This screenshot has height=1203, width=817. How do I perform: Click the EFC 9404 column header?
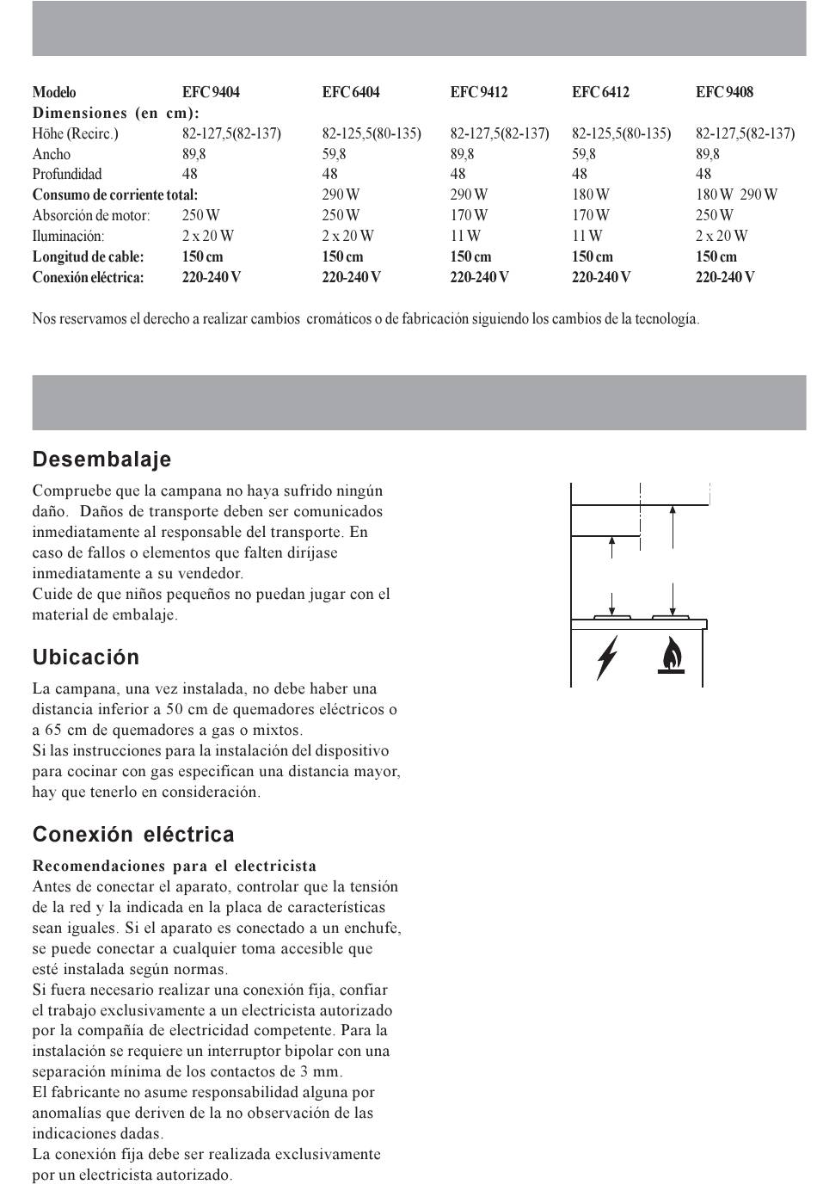pyautogui.click(x=211, y=92)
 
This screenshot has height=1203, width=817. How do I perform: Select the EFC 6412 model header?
pyautogui.click(x=600, y=92)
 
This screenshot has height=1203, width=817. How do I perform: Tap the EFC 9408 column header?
pyautogui.click(x=724, y=92)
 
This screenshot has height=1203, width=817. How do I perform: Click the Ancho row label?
pyautogui.click(x=52, y=154)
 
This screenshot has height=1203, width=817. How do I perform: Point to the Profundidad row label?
pyautogui.click(x=67, y=174)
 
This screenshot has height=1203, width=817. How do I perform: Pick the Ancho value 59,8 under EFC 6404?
pyautogui.click(x=334, y=154)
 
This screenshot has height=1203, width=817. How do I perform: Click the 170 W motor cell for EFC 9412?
pyautogui.click(x=469, y=215)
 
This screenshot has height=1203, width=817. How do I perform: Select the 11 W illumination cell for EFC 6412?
pyautogui.click(x=587, y=236)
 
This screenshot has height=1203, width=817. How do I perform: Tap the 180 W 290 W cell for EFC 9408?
pyautogui.click(x=736, y=194)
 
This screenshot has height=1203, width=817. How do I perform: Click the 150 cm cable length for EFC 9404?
pyautogui.click(x=202, y=256)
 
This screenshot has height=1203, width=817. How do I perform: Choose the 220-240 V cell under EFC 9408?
pyautogui.click(x=725, y=277)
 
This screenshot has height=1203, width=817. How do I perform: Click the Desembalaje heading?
pyautogui.click(x=101, y=460)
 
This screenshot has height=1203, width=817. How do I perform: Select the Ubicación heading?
pyautogui.click(x=86, y=657)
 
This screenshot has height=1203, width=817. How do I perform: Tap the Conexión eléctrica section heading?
pyautogui.click(x=133, y=835)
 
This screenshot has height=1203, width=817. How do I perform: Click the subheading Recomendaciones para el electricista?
pyautogui.click(x=175, y=866)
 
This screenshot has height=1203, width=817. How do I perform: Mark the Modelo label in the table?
pyautogui.click(x=54, y=92)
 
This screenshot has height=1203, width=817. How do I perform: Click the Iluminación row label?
pyautogui.click(x=68, y=236)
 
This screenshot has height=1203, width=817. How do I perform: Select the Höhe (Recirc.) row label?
pyautogui.click(x=75, y=133)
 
